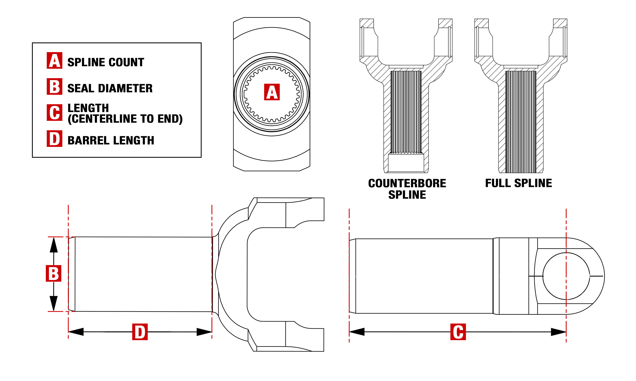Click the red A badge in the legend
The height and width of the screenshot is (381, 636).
pyautogui.click(x=54, y=60)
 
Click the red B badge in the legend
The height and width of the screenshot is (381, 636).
pyautogui.click(x=54, y=86)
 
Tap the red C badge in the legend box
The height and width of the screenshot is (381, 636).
pyautogui.click(x=54, y=113)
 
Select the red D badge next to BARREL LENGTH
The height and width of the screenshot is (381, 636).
pyautogui.click(x=54, y=139)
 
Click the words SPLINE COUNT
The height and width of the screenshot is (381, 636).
pyautogui.click(x=106, y=62)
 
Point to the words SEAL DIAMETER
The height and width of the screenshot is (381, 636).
pyautogui.click(x=110, y=88)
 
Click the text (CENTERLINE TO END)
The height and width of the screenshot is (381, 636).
pyautogui.click(x=125, y=119)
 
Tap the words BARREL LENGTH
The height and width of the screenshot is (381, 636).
pyautogui.click(x=111, y=140)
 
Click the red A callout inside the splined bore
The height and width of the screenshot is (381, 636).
pyautogui.click(x=272, y=92)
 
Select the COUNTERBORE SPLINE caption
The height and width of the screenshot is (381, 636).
pyautogui.click(x=407, y=189)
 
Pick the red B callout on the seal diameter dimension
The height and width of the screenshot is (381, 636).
pyautogui.click(x=53, y=273)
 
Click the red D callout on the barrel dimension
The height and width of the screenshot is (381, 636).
pyautogui.click(x=140, y=332)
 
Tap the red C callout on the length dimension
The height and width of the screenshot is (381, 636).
pyautogui.click(x=458, y=332)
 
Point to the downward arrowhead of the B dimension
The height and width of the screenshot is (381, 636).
pyautogui.click(x=53, y=303)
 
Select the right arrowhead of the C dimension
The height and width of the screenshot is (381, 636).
pyautogui.click(x=558, y=332)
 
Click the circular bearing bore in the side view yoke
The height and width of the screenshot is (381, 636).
pyautogui.click(x=566, y=276)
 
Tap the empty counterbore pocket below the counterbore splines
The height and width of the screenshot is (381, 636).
pyautogui.click(x=406, y=163)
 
